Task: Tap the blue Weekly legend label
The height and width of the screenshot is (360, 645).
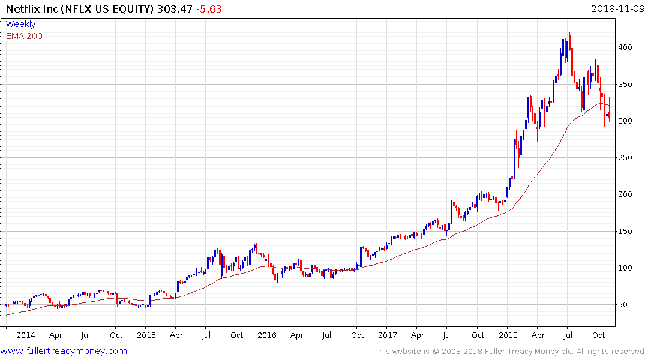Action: coord(20,24)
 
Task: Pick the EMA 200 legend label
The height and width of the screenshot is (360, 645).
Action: coord(24,36)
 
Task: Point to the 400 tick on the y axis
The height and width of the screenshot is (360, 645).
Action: coord(626,47)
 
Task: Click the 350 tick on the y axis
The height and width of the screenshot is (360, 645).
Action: coord(626,84)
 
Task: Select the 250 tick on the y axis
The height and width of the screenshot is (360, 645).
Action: coord(626,158)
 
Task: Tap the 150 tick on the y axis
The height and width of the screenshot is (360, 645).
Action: coord(626,232)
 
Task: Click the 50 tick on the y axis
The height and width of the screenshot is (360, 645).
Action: coord(623,305)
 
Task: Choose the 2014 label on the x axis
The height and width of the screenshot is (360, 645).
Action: coord(25,335)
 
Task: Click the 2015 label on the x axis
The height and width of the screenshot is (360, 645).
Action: coord(146,335)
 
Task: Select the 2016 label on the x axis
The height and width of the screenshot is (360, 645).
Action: coord(267,335)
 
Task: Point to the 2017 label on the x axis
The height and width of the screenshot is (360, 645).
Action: coord(388,335)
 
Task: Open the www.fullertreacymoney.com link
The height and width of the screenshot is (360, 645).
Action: coord(64,351)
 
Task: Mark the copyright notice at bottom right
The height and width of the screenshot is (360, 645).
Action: coord(509,351)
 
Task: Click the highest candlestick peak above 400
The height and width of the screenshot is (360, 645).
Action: coord(563,31)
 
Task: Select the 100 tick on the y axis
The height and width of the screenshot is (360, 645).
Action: coord(626,268)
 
